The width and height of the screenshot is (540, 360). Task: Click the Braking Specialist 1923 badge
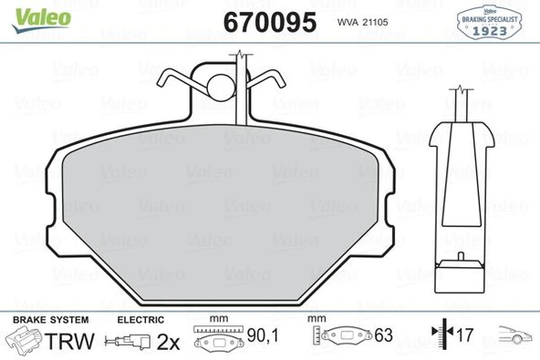(492, 25)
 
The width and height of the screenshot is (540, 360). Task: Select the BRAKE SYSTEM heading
(49, 320)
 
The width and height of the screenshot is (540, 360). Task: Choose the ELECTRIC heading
(140, 320)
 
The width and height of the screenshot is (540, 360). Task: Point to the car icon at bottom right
(513, 339)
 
